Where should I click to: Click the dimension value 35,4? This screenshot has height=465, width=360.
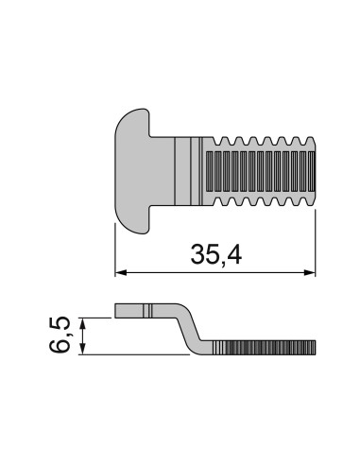216,255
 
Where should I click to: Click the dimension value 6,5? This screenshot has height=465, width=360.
60,336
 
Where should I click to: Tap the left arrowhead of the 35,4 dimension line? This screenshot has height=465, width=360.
121,272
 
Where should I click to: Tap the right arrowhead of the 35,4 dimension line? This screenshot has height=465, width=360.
310,272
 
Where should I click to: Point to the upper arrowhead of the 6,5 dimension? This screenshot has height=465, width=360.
82,324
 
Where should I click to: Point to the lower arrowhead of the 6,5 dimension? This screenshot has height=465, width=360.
82,349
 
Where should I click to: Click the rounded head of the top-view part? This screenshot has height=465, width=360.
132,171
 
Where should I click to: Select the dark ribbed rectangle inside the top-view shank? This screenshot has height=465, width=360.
261,171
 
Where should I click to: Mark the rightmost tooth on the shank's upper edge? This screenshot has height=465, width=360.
310,141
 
